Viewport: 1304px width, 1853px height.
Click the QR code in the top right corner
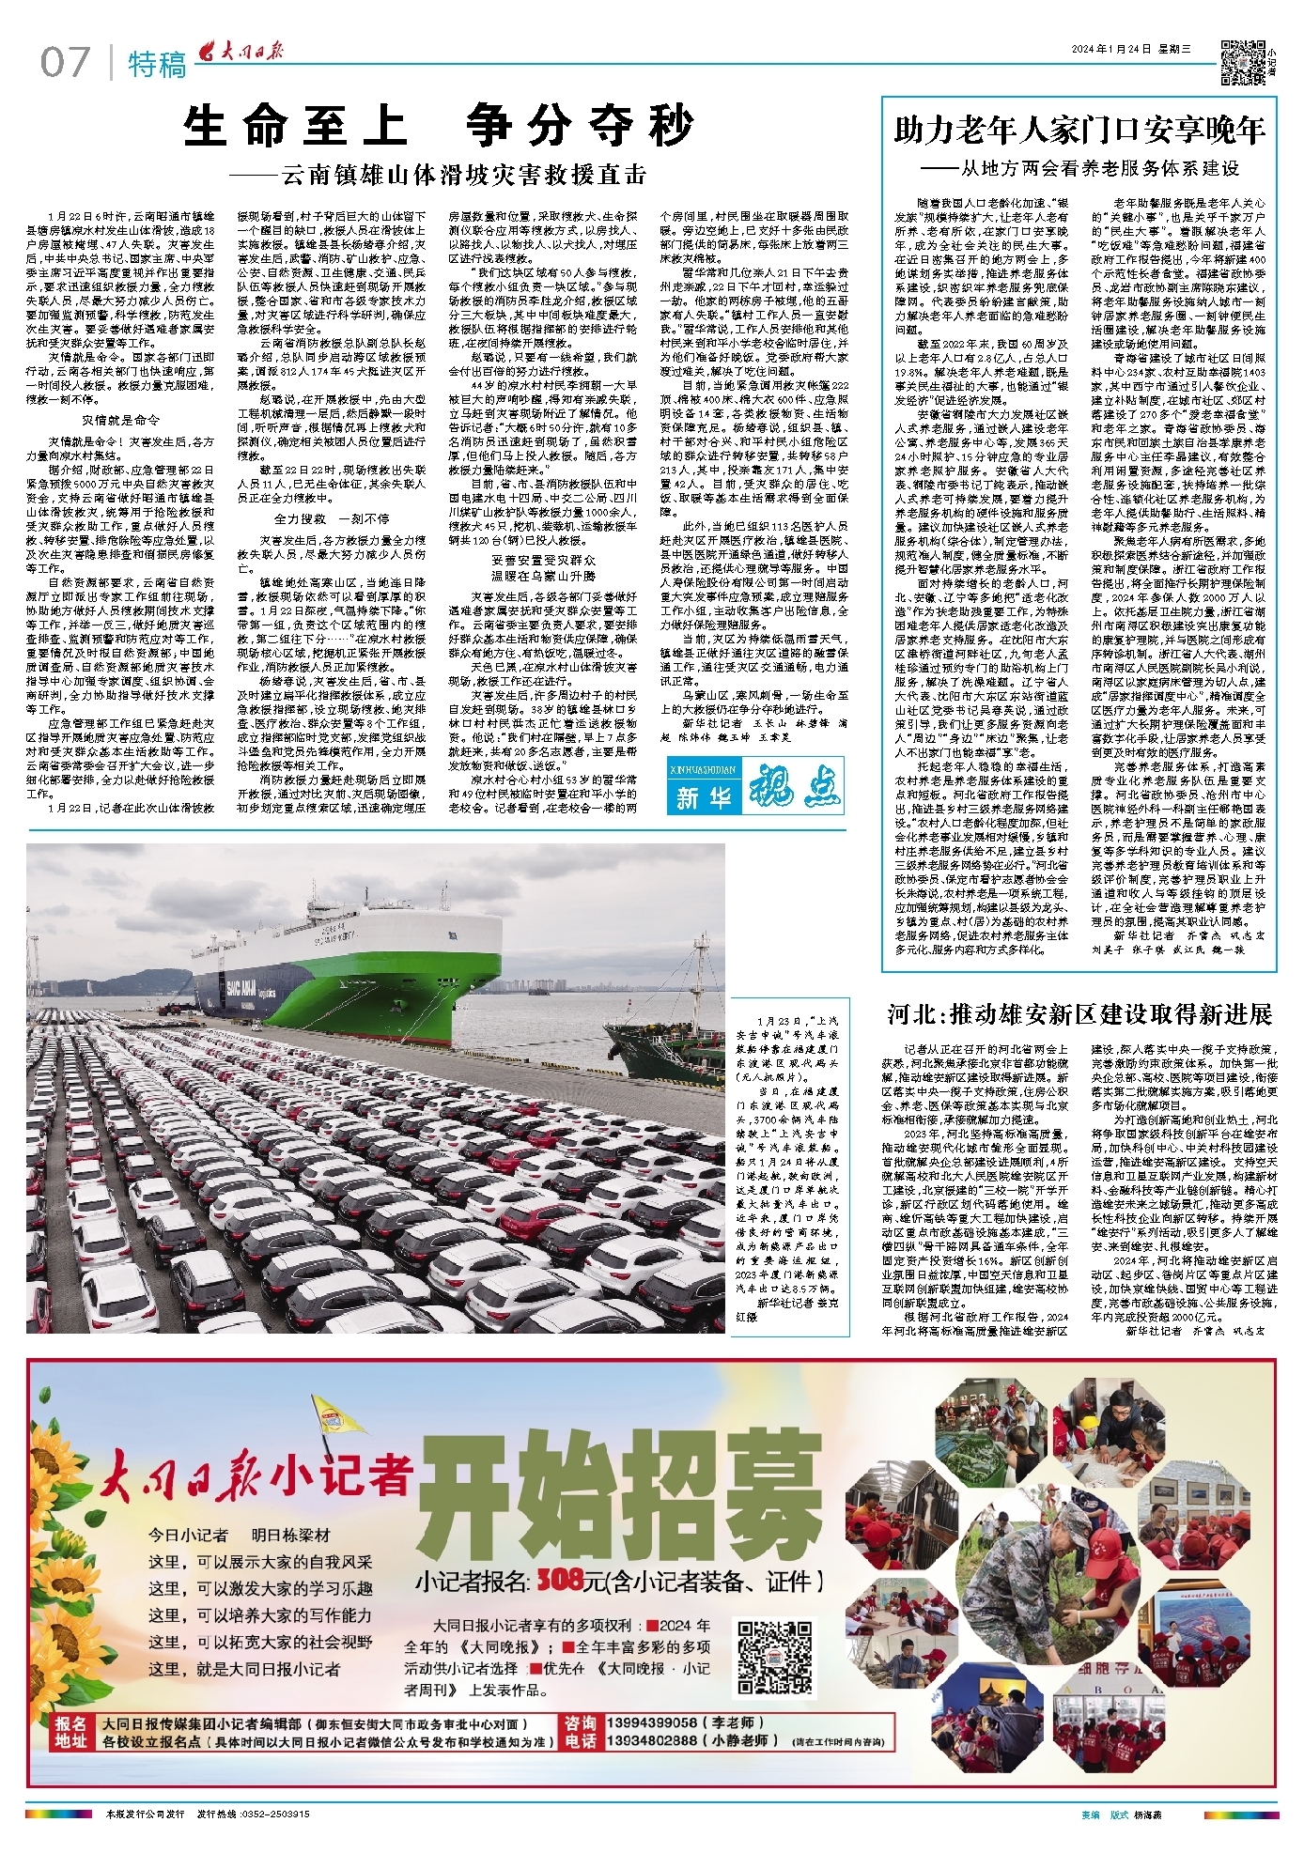[1242, 63]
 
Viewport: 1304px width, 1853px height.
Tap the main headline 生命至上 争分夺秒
[438, 126]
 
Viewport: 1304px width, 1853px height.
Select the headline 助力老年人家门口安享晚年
[1079, 130]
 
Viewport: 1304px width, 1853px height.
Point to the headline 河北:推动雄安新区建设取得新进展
[1079, 1014]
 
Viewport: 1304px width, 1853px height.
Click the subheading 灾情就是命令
[120, 420]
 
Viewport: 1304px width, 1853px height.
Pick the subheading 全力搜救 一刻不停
[331, 518]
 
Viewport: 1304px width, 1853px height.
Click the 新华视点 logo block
[756, 786]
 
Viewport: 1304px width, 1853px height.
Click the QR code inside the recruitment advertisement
[774, 1657]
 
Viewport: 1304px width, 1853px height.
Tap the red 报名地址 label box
[70, 1732]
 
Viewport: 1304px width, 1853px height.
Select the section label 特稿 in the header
[157, 65]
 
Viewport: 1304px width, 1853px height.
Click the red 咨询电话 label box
[580, 1732]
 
